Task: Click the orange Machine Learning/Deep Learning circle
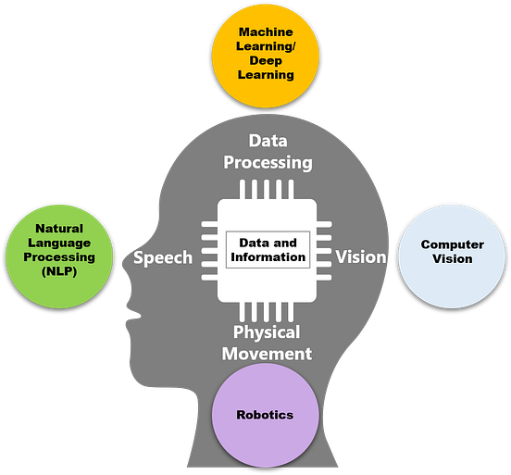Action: (x=267, y=55)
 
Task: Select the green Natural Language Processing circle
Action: (x=58, y=250)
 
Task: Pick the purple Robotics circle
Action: (x=267, y=414)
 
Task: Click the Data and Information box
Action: (x=267, y=250)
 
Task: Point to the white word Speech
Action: (x=163, y=257)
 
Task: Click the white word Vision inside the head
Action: (x=361, y=256)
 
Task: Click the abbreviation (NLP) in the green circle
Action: (x=58, y=272)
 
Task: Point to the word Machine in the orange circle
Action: (x=267, y=32)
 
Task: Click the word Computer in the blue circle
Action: (x=452, y=244)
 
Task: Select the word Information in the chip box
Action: (x=267, y=257)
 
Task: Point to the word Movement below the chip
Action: (x=272, y=353)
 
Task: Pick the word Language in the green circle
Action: (x=58, y=243)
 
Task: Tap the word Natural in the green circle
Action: (x=58, y=228)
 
